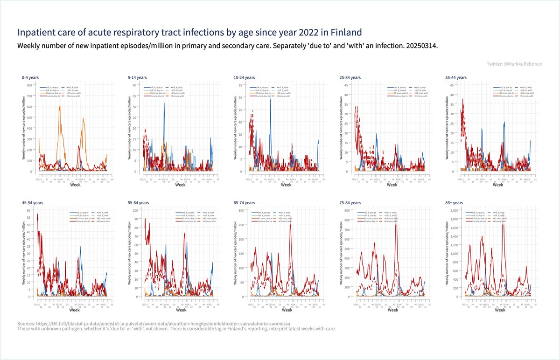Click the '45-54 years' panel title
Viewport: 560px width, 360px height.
coord(33,203)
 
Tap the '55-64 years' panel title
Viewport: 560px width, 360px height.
coord(139,203)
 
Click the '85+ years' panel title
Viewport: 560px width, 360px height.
coord(454,203)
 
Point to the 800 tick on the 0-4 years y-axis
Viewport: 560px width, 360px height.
coord(29,85)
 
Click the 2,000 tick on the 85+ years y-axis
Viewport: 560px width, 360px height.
coord(452,211)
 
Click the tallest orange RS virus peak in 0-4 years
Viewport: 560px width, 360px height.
coord(60,107)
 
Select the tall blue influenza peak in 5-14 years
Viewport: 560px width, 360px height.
coord(164,104)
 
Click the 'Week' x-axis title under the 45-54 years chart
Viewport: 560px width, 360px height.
coord(75,310)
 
